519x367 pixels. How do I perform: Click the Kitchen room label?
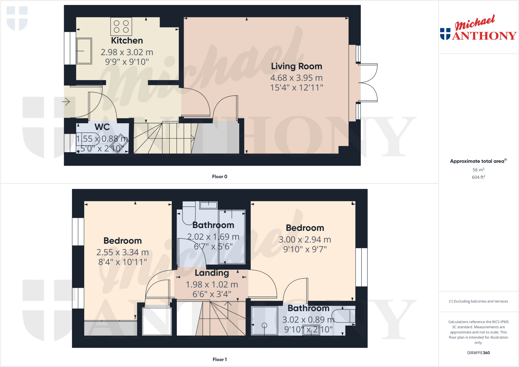click(127, 41)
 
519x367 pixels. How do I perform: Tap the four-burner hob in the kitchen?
click(121, 26)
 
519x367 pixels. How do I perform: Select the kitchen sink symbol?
click(84, 51)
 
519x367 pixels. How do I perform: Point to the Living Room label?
click(296, 66)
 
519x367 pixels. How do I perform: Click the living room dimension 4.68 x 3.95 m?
click(296, 78)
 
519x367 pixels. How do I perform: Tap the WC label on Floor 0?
click(102, 127)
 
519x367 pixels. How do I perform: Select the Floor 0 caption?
click(219, 177)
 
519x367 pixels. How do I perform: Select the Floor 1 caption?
click(219, 359)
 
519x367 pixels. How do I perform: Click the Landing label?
click(212, 273)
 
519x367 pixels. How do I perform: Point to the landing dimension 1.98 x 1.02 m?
click(212, 285)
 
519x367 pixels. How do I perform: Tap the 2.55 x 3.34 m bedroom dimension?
click(122, 252)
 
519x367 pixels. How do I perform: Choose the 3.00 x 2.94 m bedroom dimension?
click(305, 240)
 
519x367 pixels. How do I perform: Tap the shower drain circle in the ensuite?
click(264, 325)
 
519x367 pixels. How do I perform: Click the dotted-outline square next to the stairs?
click(157, 321)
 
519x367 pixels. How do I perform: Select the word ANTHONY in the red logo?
click(484, 36)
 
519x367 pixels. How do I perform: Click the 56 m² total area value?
click(478, 170)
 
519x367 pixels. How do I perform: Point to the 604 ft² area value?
click(478, 177)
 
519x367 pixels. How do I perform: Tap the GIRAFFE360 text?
click(478, 353)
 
